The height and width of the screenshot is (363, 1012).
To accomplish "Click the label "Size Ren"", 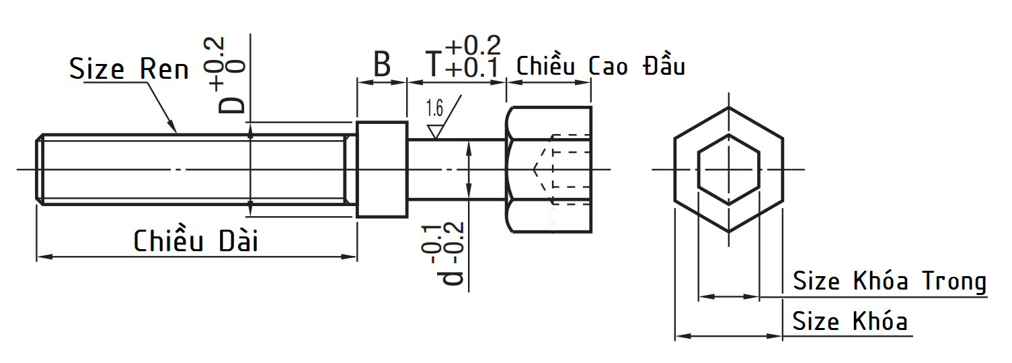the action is (128, 69).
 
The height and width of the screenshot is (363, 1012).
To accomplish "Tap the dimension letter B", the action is (382, 64).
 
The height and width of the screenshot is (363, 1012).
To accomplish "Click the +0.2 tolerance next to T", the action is (473, 45).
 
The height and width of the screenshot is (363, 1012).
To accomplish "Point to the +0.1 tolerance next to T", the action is (472, 68).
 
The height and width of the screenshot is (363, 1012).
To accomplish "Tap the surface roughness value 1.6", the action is (434, 108).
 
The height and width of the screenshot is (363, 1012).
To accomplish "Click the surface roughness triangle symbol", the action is (435, 131).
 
